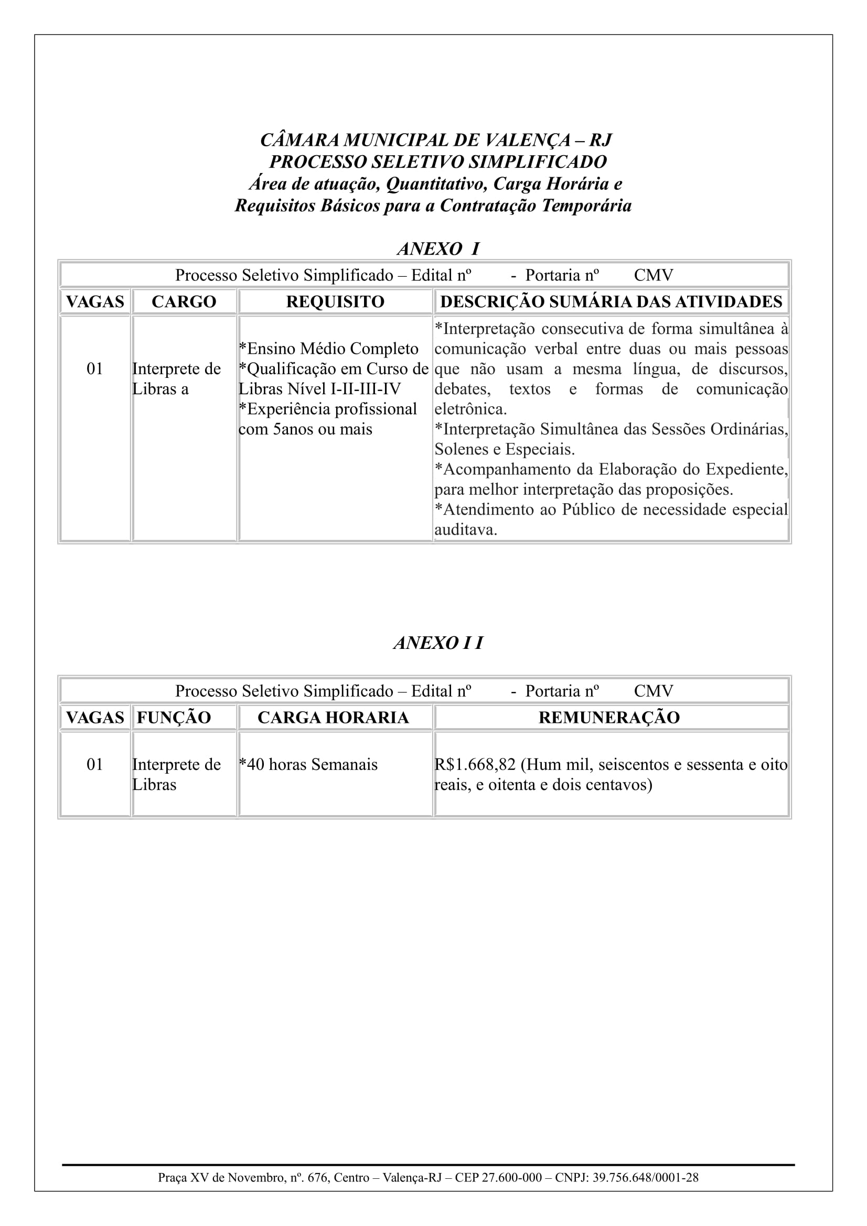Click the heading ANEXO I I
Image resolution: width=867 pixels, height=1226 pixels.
(x=438, y=643)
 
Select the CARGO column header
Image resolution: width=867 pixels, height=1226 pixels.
(x=184, y=302)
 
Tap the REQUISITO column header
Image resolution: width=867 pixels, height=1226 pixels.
(x=335, y=302)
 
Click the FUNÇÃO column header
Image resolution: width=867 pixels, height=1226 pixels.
(x=174, y=717)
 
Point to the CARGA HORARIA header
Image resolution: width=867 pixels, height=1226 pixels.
(x=333, y=717)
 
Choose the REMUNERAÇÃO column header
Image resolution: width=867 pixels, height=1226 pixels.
(x=609, y=717)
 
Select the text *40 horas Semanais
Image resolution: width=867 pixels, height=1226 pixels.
(x=308, y=765)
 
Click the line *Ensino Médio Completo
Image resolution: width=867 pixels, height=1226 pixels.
(x=328, y=349)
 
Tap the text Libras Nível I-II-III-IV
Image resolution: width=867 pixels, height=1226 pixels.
(x=319, y=389)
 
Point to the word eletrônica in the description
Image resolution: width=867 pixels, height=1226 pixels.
(x=470, y=409)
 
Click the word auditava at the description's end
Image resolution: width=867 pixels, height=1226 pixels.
(x=465, y=530)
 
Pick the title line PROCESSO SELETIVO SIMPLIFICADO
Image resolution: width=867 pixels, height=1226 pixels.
(x=438, y=162)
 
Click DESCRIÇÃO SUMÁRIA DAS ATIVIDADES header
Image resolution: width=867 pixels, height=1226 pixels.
(x=611, y=302)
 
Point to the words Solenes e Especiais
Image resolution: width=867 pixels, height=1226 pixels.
(x=504, y=449)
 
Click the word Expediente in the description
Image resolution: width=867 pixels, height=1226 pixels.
(x=746, y=469)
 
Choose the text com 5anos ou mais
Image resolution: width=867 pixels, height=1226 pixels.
(x=305, y=429)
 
